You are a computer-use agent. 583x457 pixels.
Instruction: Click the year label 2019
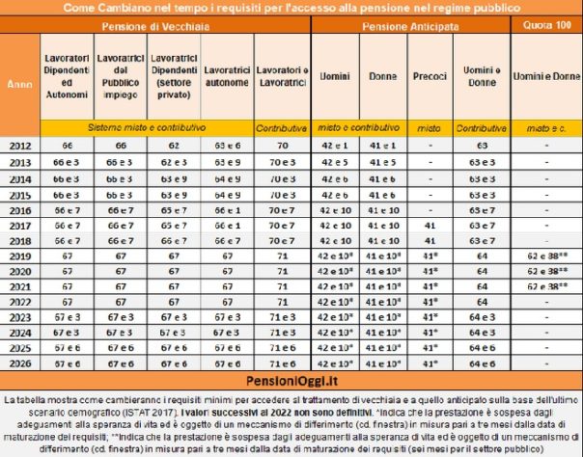click(19, 256)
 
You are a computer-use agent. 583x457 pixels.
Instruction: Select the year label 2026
click(19, 363)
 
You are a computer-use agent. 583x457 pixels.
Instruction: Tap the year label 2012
click(19, 145)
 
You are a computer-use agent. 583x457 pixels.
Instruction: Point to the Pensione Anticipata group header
click(409, 28)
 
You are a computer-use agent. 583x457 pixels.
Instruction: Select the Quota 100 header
click(545, 28)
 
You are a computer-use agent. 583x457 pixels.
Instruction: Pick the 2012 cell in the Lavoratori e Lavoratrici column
click(282, 145)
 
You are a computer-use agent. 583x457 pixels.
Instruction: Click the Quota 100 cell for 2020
click(545, 272)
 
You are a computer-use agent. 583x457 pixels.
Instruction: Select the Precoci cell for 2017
click(428, 225)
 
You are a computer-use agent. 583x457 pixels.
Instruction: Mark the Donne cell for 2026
click(383, 363)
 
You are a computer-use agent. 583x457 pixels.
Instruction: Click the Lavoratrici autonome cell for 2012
click(227, 145)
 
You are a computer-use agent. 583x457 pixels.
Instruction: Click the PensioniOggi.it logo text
click(291, 381)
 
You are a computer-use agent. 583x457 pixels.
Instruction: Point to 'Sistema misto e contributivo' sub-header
click(145, 126)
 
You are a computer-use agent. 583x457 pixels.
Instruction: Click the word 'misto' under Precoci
click(428, 126)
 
